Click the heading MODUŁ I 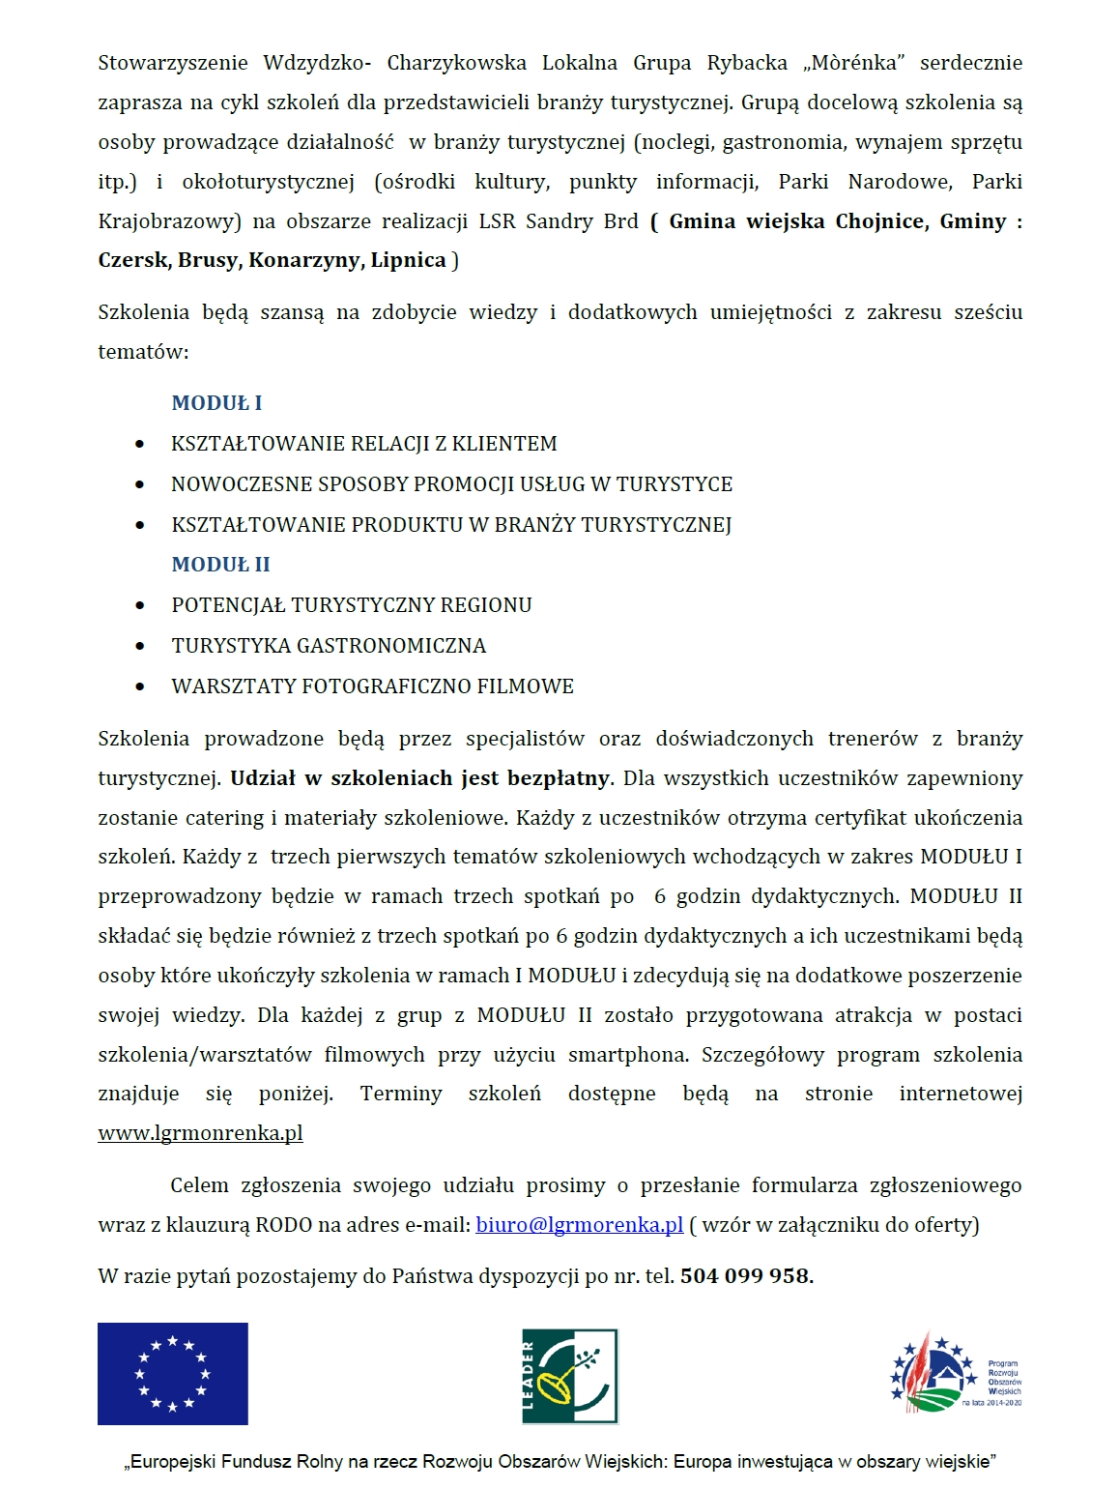point(216,403)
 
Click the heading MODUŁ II point(220,565)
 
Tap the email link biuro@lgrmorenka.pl point(579,1225)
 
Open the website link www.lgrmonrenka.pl point(200,1133)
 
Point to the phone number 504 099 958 point(744,1276)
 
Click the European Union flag point(172,1373)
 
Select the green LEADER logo point(569,1375)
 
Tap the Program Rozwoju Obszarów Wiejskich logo point(955,1373)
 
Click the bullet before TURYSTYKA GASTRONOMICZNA point(140,646)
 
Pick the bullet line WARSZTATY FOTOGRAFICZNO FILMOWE point(372,686)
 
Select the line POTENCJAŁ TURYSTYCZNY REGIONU point(352,605)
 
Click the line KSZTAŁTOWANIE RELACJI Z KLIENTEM point(364,444)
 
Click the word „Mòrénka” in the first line point(853,64)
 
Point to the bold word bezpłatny point(560,778)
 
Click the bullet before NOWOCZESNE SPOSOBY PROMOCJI point(140,484)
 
